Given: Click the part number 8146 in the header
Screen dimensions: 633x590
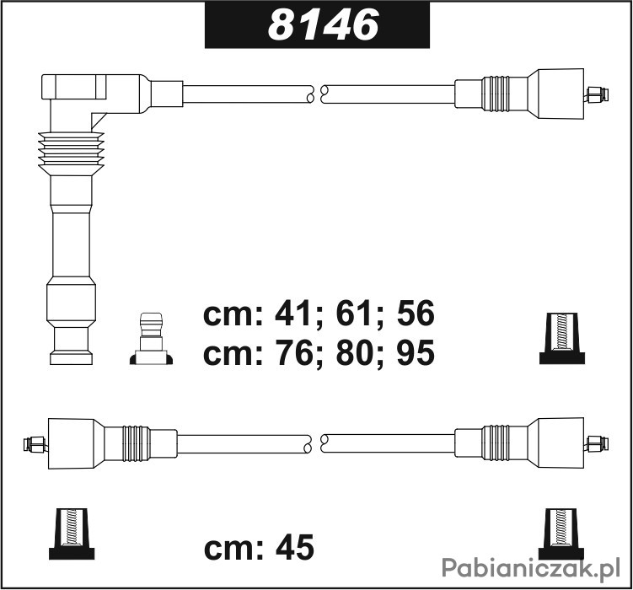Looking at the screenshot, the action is tap(323, 24).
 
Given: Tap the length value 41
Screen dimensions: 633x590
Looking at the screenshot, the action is tap(292, 314).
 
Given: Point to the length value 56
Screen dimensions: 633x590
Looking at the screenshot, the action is tap(416, 314).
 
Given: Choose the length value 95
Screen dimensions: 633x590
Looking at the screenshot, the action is tap(416, 352).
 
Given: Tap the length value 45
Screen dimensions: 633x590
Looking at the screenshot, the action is tap(294, 548).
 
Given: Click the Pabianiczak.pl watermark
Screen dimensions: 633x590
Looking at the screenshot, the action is tap(531, 568).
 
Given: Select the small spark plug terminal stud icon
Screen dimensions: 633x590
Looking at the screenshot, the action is tap(151, 339).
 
